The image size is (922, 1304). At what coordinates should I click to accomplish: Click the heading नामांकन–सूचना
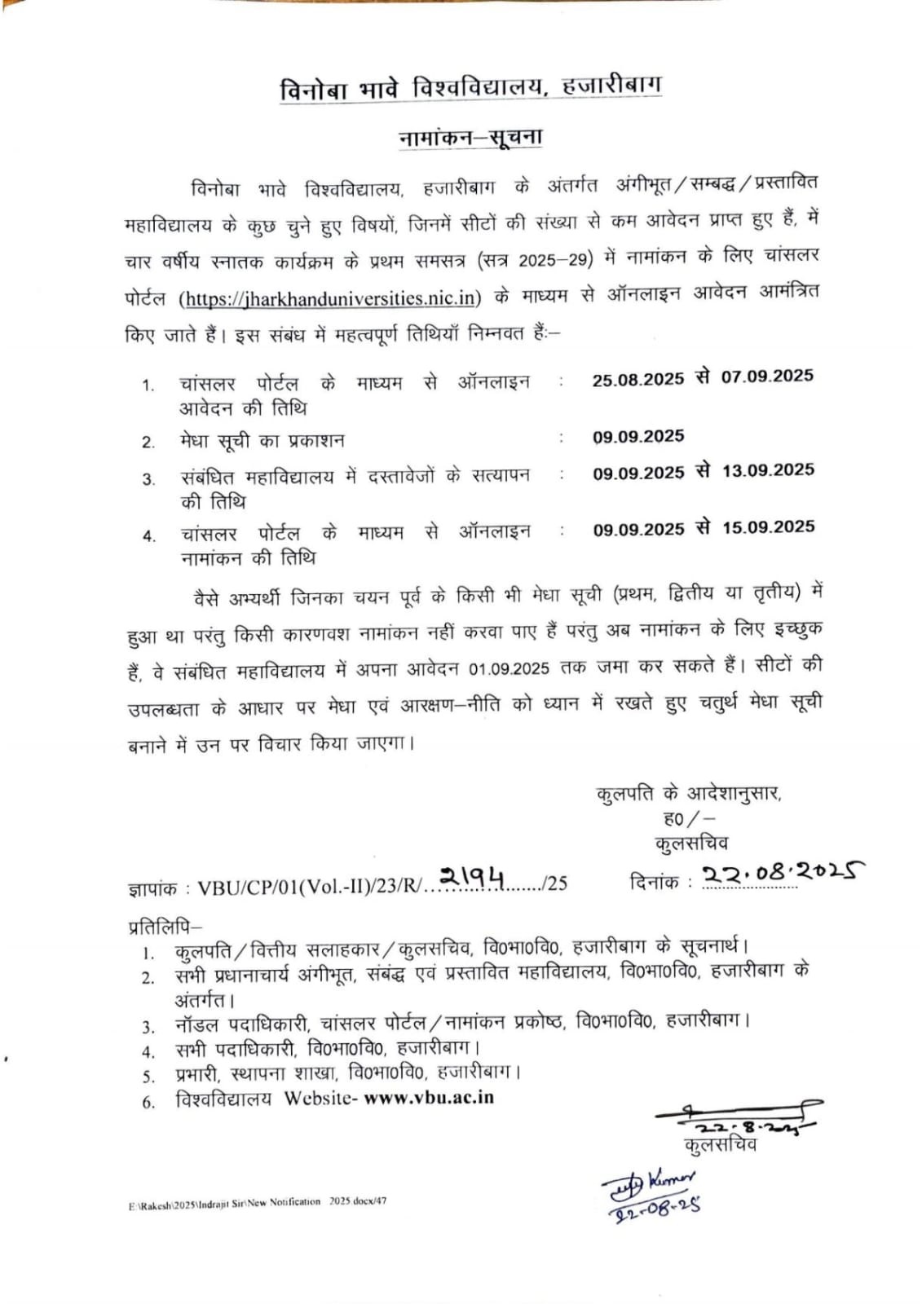point(470,137)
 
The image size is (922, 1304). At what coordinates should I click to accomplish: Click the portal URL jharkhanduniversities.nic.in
point(330,297)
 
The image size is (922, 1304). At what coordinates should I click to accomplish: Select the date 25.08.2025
point(637,379)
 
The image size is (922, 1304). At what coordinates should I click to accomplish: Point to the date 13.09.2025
point(767,470)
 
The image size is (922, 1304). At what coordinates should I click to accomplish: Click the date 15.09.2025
point(768,527)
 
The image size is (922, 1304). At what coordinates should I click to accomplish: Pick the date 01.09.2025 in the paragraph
point(510,668)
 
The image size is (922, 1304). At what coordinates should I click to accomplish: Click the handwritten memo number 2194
point(473,877)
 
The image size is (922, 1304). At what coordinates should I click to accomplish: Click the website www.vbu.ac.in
point(429,1097)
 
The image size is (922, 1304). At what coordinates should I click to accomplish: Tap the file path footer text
point(257,1202)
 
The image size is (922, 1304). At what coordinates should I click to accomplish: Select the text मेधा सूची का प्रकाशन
point(262,441)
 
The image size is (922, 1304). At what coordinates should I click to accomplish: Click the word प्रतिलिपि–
point(165,927)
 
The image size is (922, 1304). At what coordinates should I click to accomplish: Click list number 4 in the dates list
point(148,535)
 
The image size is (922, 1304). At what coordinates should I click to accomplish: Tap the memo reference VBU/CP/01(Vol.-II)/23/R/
point(310,886)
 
